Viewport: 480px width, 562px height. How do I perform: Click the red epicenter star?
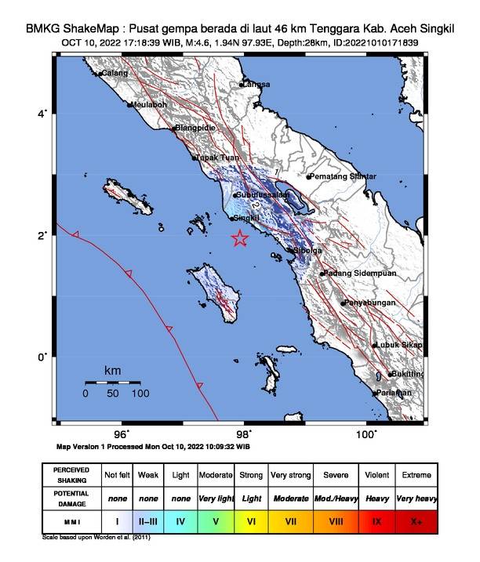[x=240, y=239]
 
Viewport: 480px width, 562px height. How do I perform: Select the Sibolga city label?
[x=306, y=251]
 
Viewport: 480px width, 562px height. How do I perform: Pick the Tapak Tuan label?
[x=217, y=158]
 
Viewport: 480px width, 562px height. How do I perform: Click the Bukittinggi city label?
[x=407, y=375]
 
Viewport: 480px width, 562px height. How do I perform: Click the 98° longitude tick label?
[x=244, y=433]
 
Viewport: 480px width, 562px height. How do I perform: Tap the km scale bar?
[x=113, y=382]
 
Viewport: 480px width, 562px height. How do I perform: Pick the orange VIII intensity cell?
[x=335, y=520]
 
